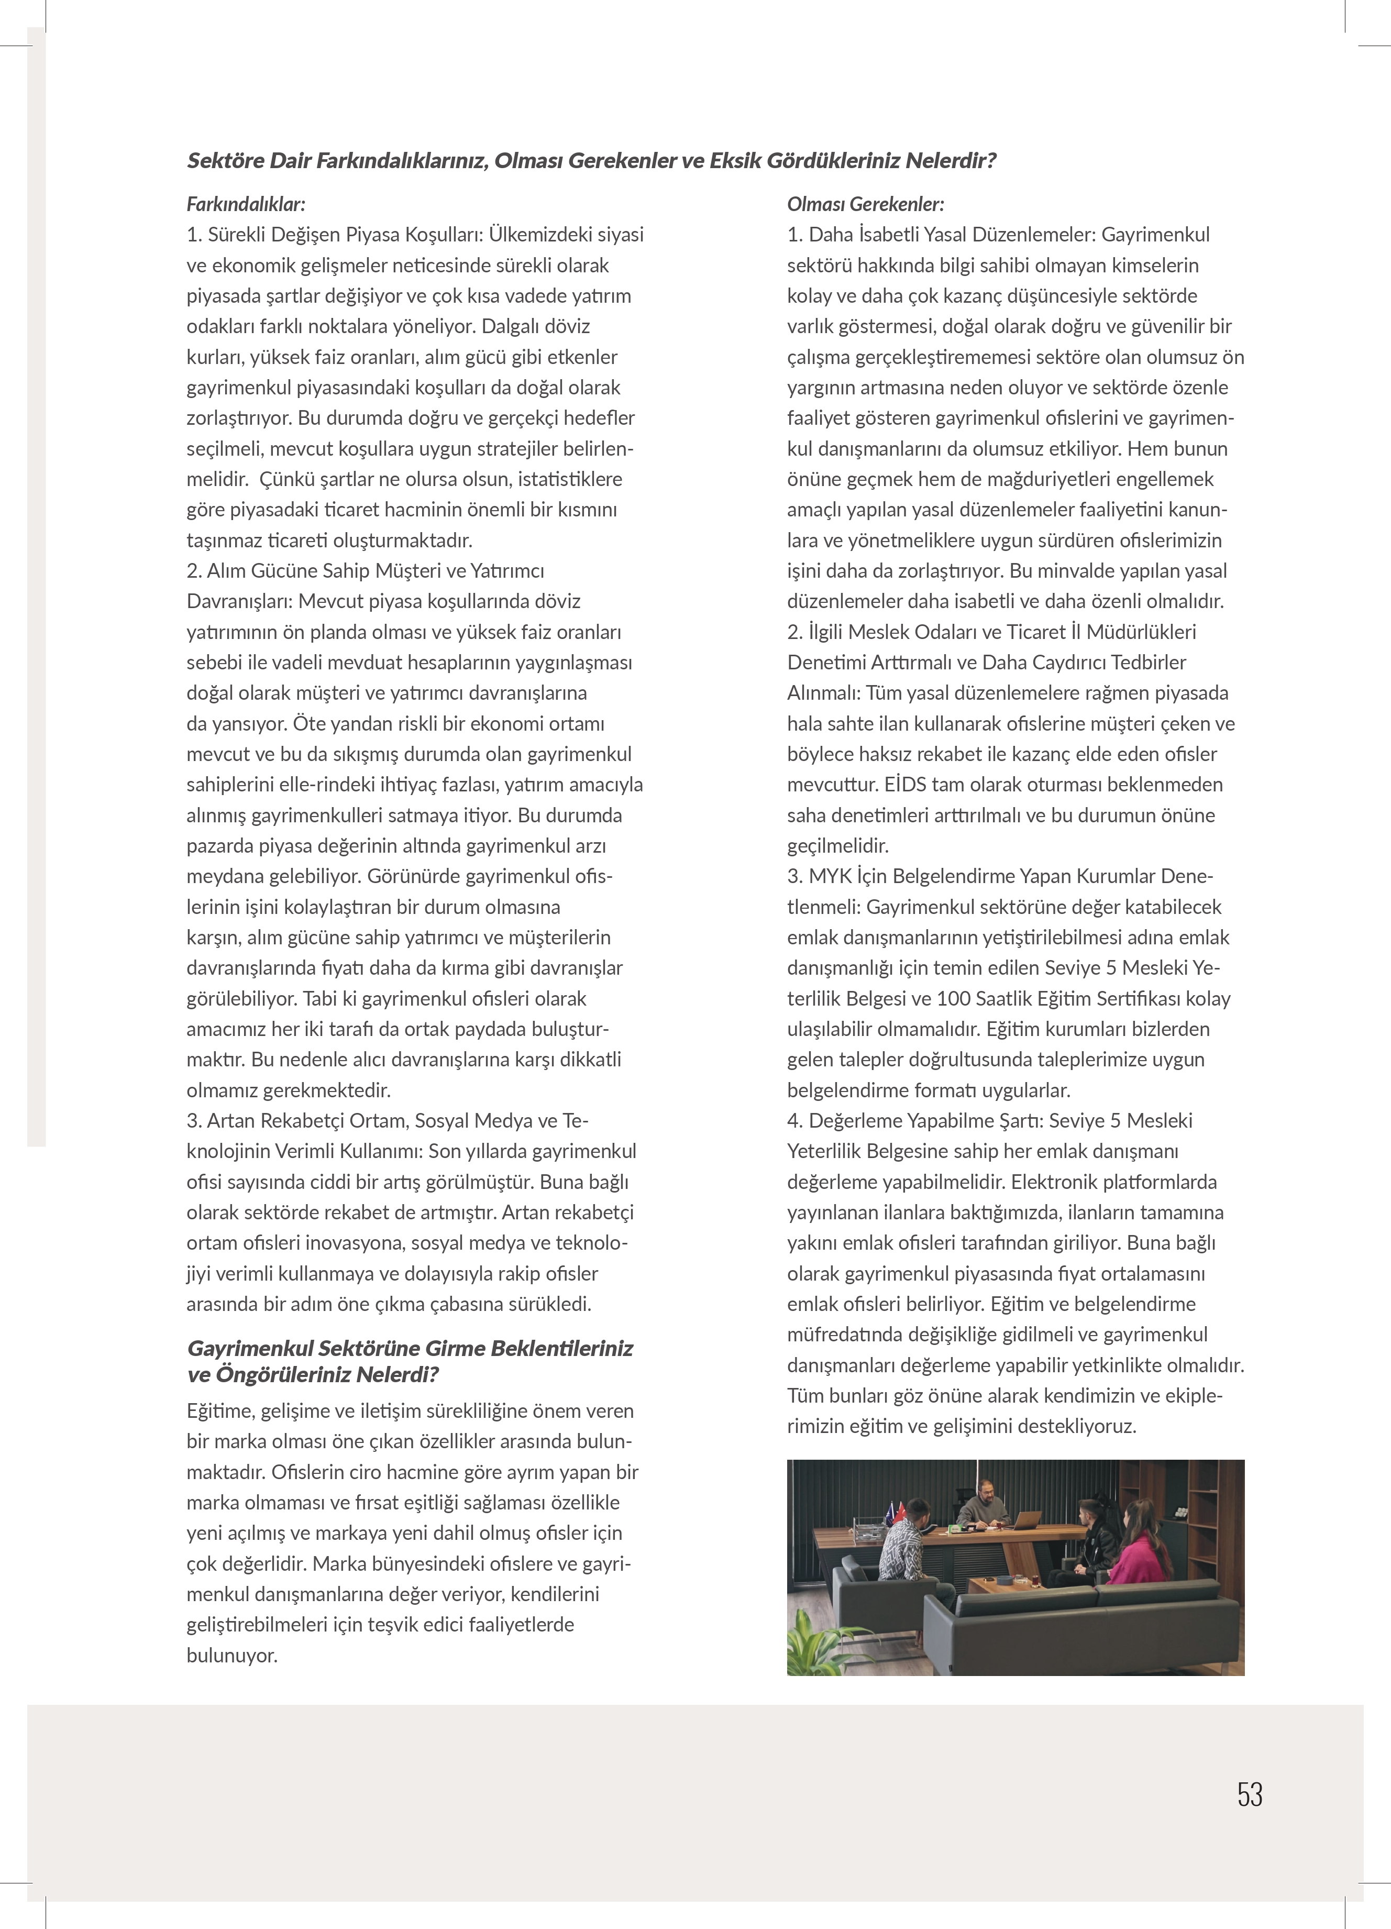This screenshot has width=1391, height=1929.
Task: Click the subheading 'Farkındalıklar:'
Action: [x=246, y=204]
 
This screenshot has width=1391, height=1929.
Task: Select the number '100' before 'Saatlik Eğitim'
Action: [x=952, y=998]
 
